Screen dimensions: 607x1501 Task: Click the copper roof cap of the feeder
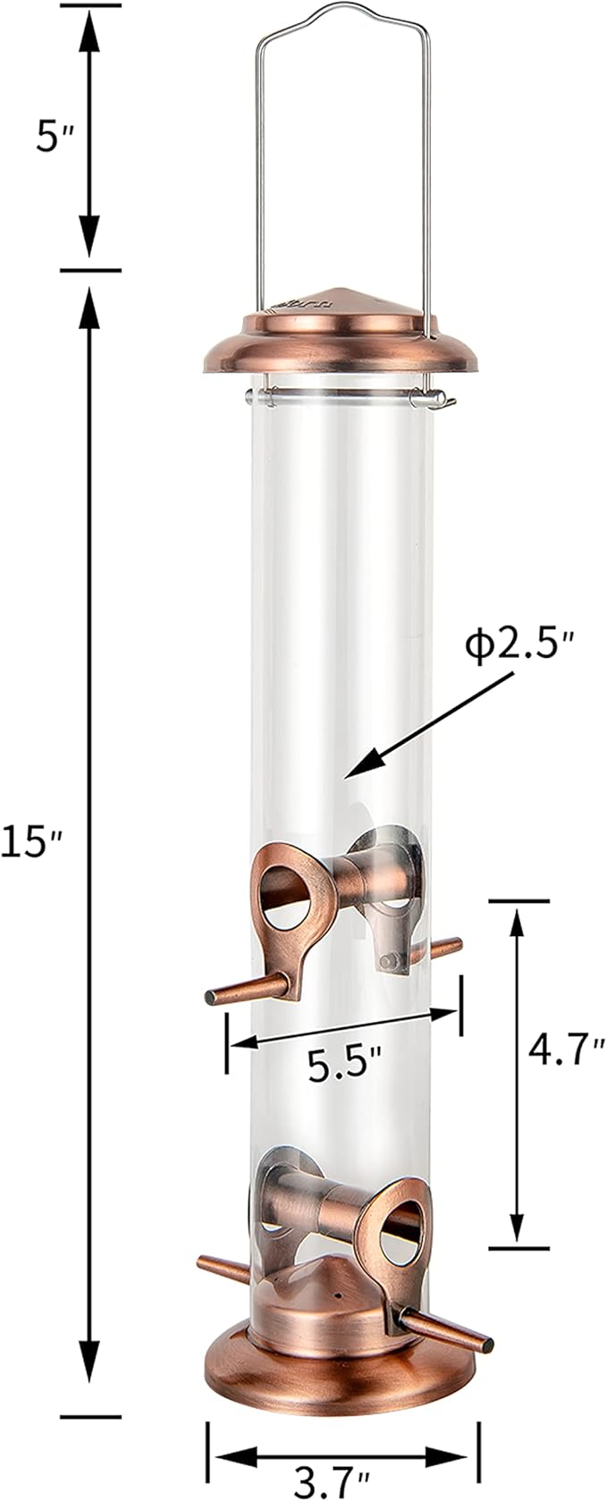pyautogui.click(x=341, y=331)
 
